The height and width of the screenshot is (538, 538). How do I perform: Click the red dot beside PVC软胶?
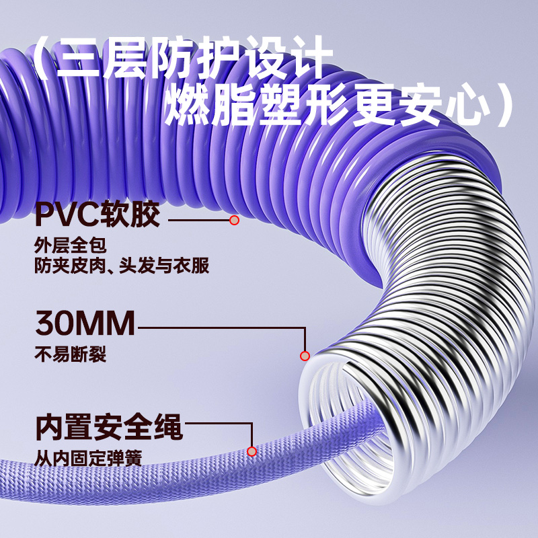click(x=234, y=220)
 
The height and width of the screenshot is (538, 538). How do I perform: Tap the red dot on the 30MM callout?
click(x=304, y=356)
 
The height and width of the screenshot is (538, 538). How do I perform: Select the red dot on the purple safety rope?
click(x=252, y=451)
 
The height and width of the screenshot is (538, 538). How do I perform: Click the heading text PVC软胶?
click(x=98, y=216)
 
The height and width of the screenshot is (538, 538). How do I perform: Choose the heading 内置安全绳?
click(x=108, y=427)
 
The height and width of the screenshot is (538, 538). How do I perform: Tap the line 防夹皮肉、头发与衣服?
click(x=122, y=266)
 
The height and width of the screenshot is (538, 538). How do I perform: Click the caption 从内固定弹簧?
click(x=88, y=461)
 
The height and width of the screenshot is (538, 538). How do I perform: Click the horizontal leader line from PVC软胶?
click(x=198, y=220)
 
